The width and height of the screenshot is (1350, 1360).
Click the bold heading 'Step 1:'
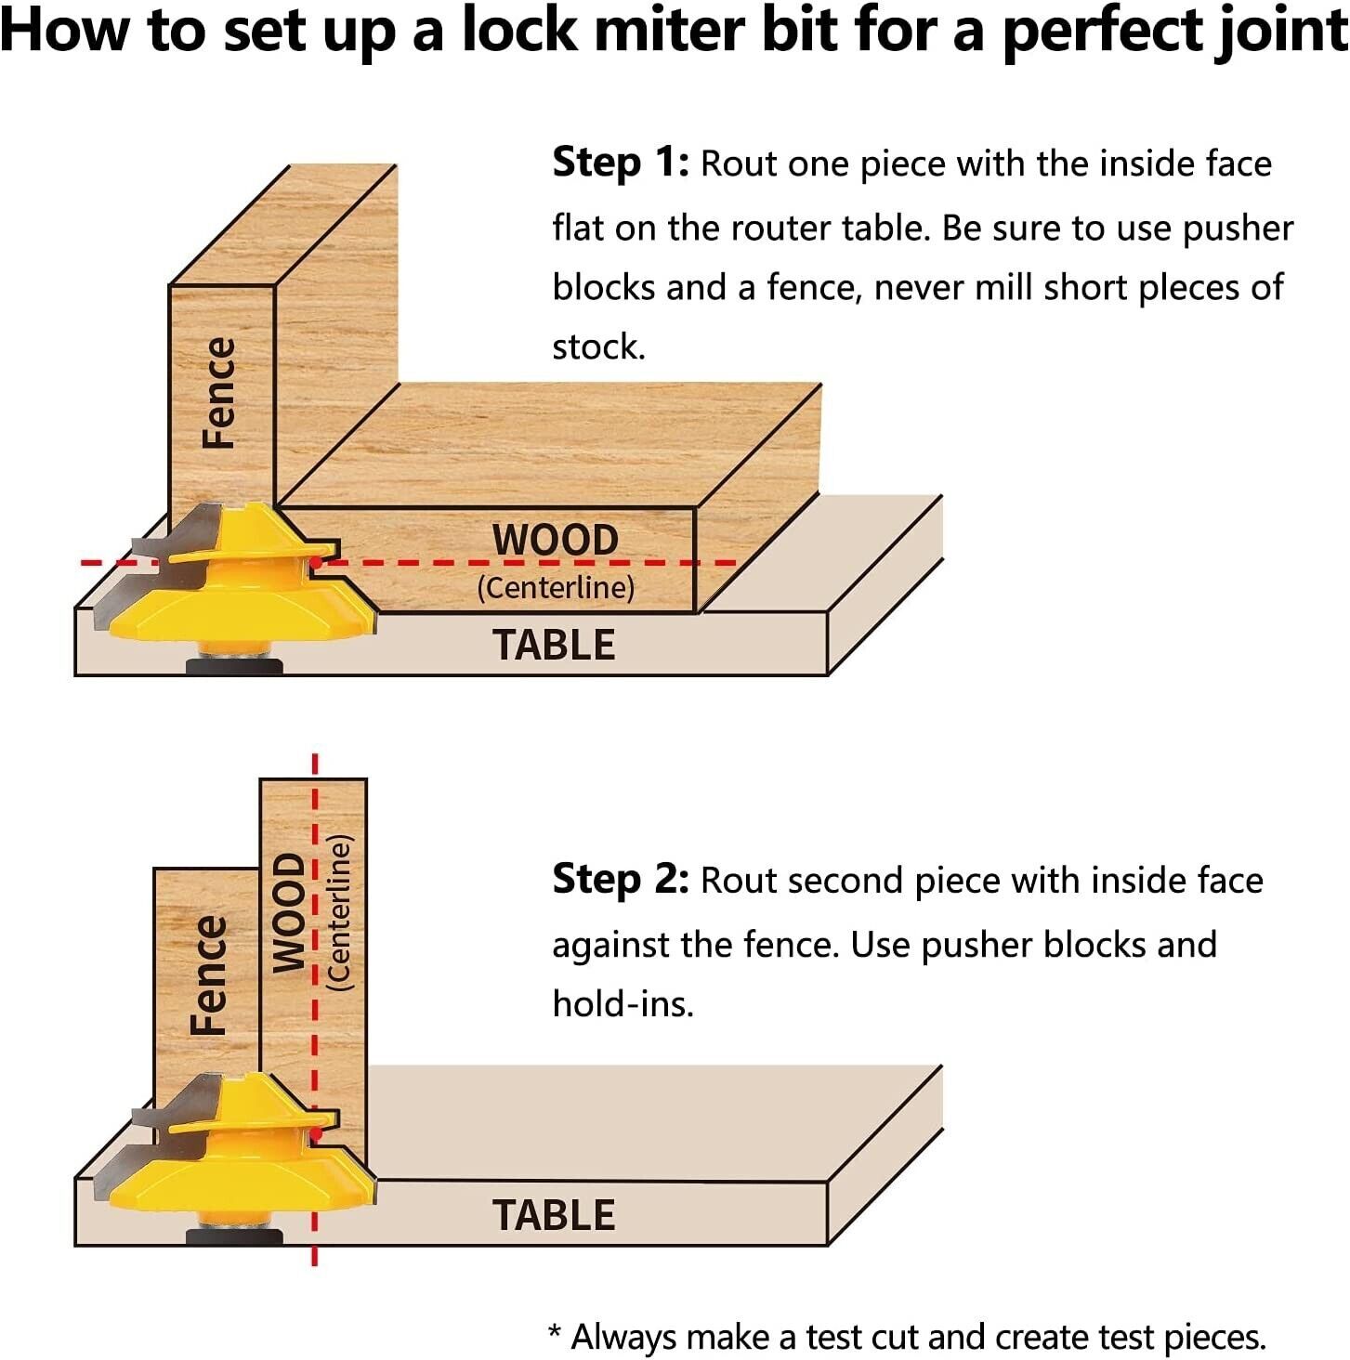click(620, 163)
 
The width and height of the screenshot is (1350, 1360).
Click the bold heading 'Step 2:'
click(620, 879)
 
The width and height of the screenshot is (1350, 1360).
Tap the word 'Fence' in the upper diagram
click(219, 393)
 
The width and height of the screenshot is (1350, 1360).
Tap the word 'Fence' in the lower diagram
click(208, 974)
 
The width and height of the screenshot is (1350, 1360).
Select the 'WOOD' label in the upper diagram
click(555, 540)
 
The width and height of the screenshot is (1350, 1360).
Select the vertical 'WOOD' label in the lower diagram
click(288, 912)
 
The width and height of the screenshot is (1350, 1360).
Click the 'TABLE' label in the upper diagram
click(554, 645)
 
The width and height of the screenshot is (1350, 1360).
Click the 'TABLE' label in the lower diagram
click(554, 1215)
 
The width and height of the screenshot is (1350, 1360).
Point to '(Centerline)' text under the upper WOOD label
click(556, 587)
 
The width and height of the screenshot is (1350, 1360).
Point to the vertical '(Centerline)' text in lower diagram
click(340, 913)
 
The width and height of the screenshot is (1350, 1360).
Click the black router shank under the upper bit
click(234, 665)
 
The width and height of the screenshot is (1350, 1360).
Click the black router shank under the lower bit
click(234, 1236)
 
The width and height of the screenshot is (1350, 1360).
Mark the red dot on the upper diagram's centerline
click(316, 562)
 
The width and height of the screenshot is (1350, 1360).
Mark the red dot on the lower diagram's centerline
click(316, 1134)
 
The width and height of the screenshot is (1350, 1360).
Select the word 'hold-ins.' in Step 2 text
click(623, 1004)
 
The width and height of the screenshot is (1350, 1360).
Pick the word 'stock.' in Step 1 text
click(598, 347)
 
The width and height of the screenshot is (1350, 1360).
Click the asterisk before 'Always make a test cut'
click(555, 1334)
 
